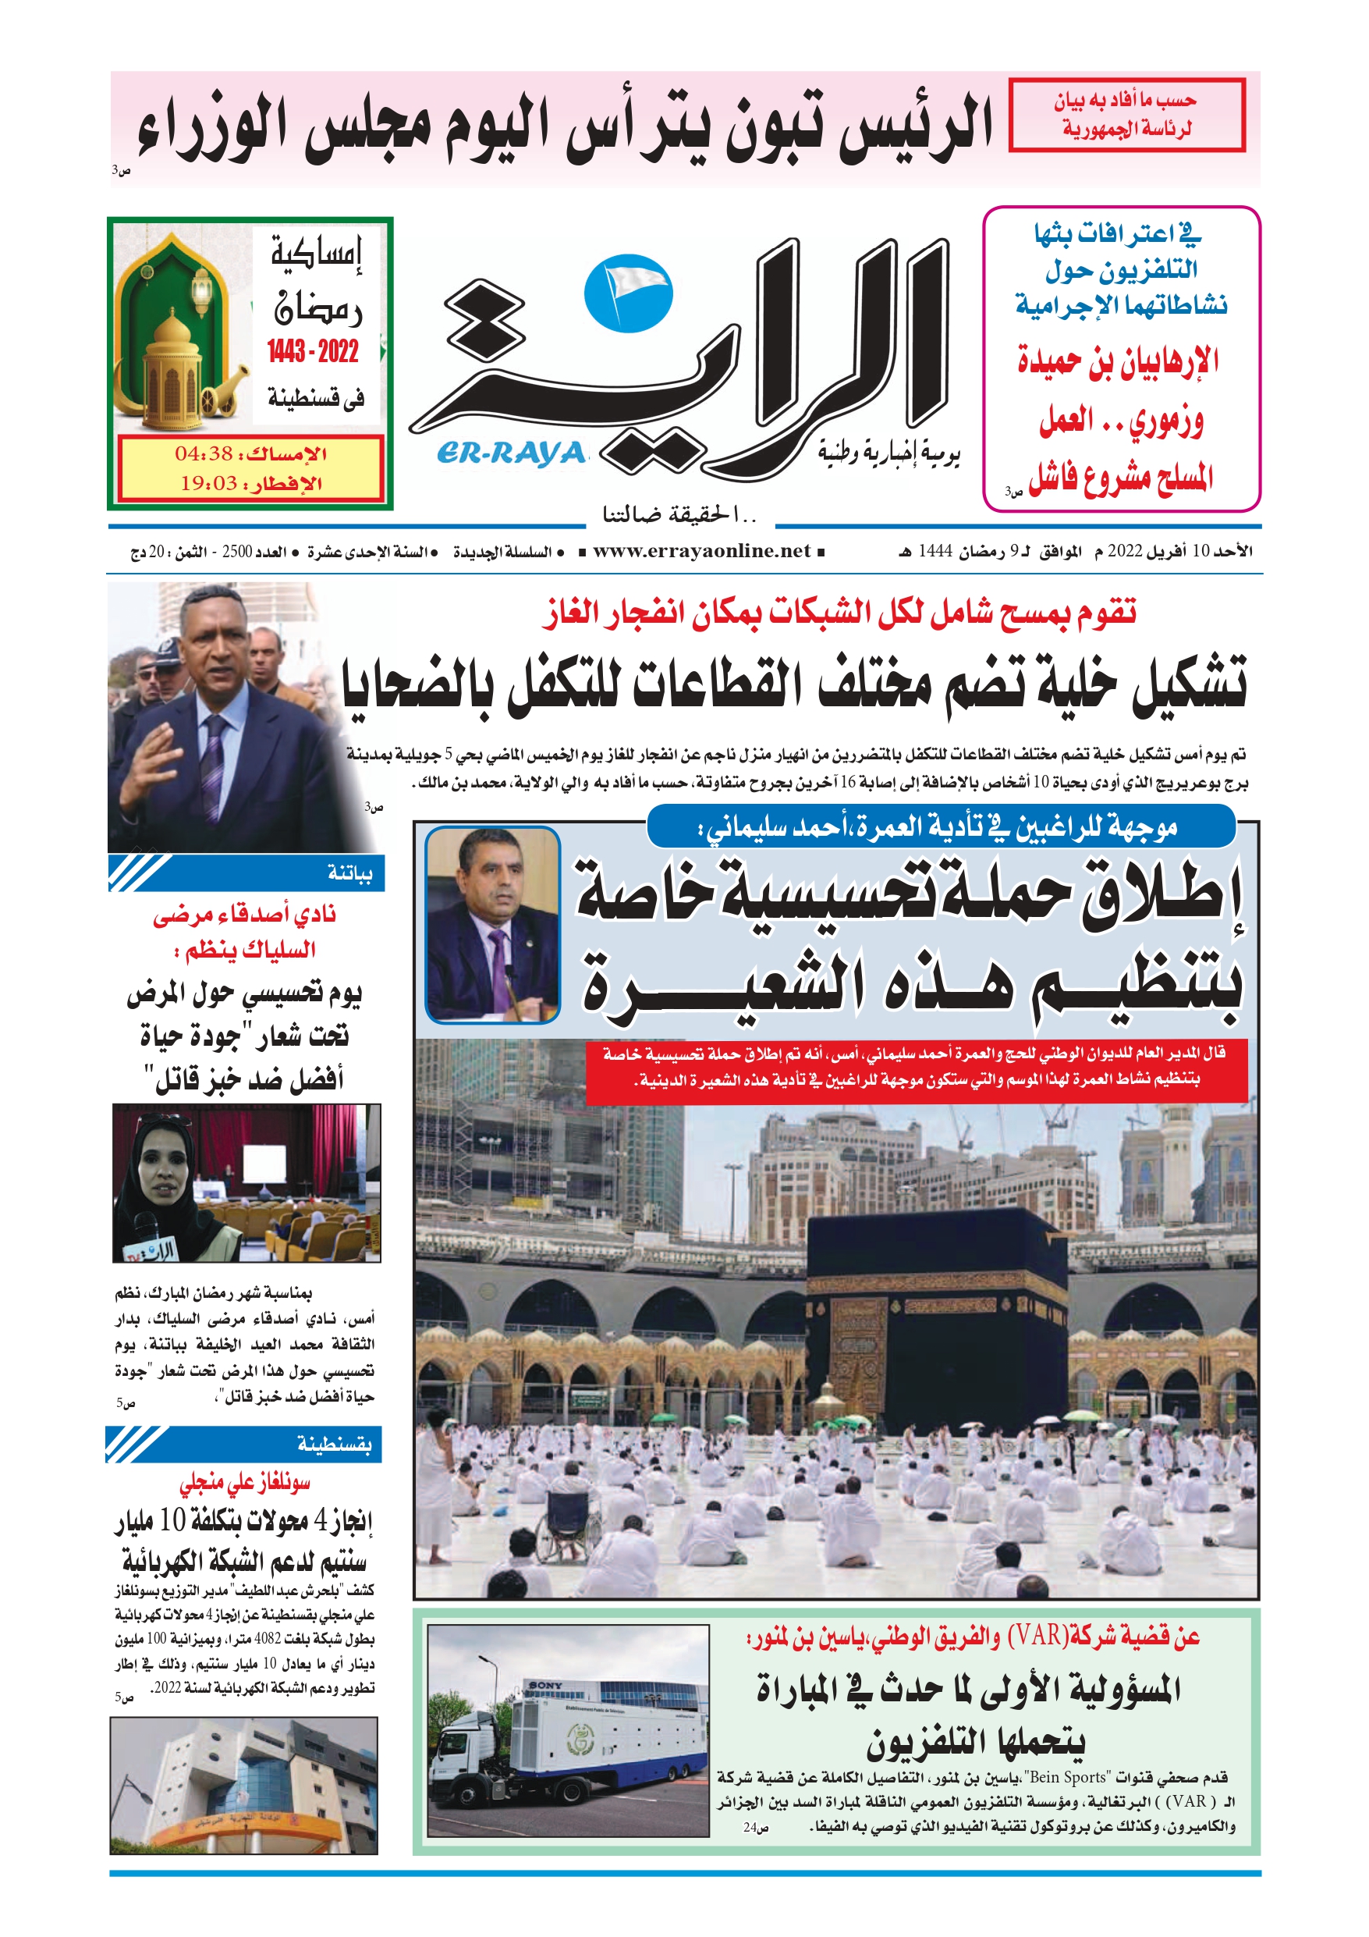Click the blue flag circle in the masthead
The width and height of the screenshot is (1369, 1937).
(629, 293)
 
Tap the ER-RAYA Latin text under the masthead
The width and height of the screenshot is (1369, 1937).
(511, 454)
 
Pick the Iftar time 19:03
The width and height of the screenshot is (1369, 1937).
(208, 483)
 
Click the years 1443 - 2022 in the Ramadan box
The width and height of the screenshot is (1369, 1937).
(313, 351)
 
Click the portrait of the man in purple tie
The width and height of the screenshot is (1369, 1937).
(491, 925)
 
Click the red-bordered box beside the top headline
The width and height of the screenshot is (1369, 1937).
(1126, 115)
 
